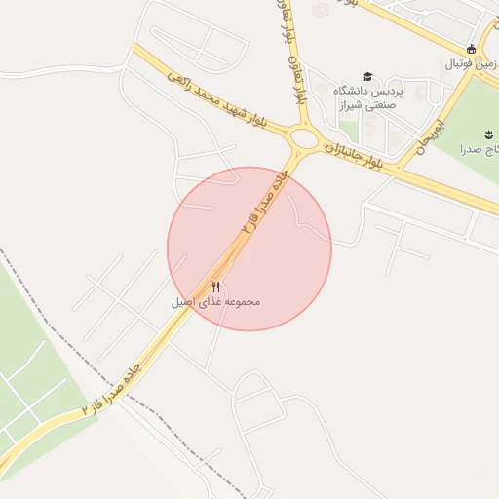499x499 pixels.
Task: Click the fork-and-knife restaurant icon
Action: pos(215,287)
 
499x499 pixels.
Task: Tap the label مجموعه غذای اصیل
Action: pos(215,303)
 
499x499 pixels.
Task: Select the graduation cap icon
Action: pos(367,77)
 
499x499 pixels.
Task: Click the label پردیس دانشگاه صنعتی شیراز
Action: pos(367,98)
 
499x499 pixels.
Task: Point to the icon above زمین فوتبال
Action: pos(472,49)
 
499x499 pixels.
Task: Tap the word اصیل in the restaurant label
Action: pos(182,303)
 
